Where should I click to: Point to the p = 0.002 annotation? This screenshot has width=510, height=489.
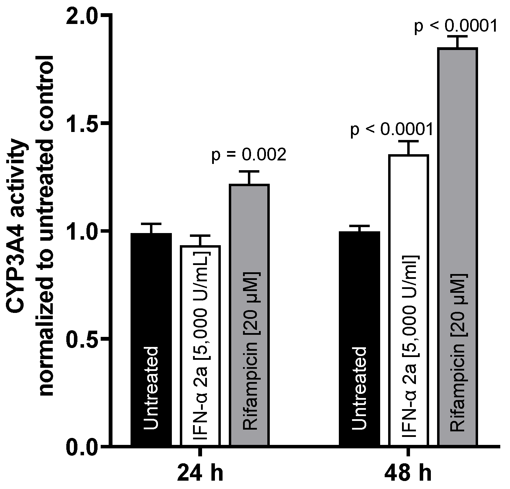pyautogui.click(x=249, y=155)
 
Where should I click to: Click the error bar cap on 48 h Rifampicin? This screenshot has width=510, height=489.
pyautogui.click(x=458, y=36)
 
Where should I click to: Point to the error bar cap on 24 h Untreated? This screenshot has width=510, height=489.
pyautogui.click(x=151, y=224)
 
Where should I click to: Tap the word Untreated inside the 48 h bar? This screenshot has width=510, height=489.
pyautogui.click(x=359, y=388)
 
